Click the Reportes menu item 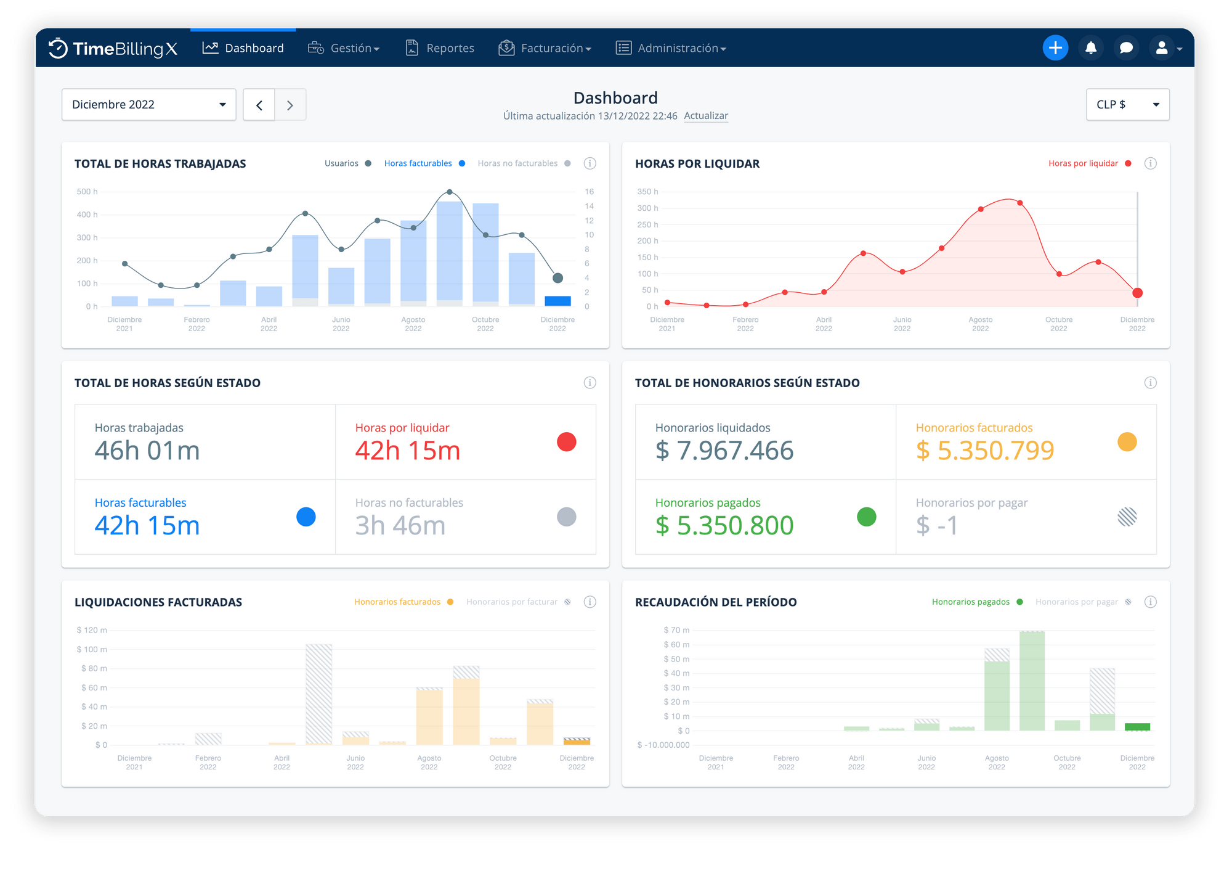[x=440, y=48]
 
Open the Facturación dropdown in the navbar [x=545, y=48]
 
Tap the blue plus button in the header [x=1055, y=48]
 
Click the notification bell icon [x=1091, y=48]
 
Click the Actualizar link [x=706, y=116]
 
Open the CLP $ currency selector [x=1127, y=105]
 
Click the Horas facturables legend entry [x=418, y=163]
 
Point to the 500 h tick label [x=87, y=192]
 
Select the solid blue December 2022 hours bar [x=557, y=301]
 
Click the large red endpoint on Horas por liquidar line [x=1137, y=293]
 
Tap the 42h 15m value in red [x=408, y=451]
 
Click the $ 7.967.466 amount [x=724, y=451]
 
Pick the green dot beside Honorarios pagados [x=866, y=517]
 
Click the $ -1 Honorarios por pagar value [x=937, y=526]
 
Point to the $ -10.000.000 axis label [x=663, y=745]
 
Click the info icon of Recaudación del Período [x=1150, y=602]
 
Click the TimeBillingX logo [x=113, y=49]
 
